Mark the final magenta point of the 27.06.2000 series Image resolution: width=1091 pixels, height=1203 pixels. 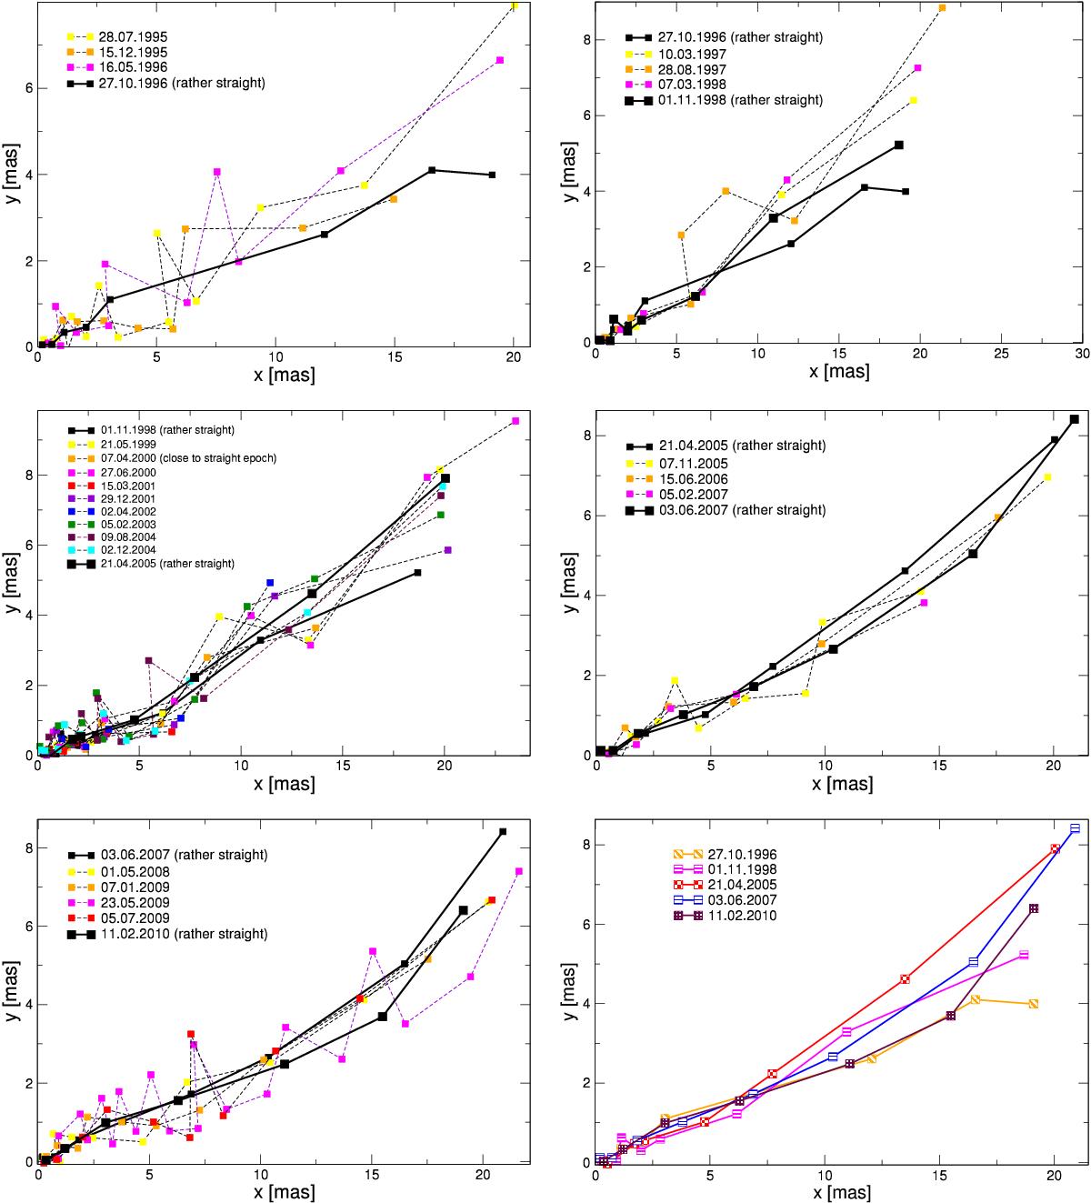[515, 421]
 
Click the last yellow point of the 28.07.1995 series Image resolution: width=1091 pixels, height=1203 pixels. [515, 6]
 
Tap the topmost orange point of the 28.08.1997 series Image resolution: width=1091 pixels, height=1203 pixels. [942, 7]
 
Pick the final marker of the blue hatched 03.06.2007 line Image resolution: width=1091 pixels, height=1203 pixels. [1075, 828]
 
